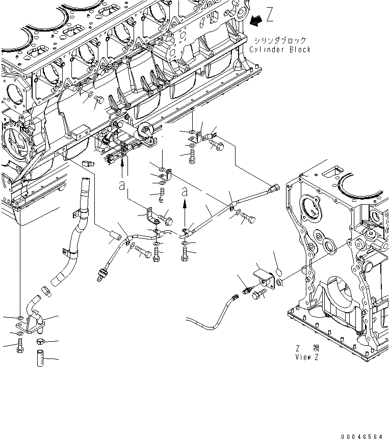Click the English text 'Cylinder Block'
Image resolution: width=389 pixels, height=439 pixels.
click(x=280, y=49)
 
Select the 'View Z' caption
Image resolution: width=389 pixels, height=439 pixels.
click(x=307, y=357)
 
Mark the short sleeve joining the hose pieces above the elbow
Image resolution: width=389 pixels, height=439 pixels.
click(x=46, y=292)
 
